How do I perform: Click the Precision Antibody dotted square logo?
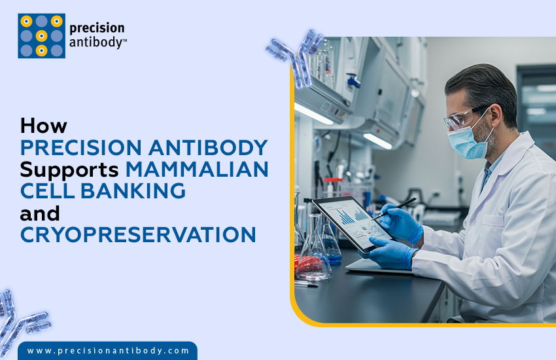pyautogui.click(x=41, y=36)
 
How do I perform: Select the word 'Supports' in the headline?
pyautogui.click(x=69, y=168)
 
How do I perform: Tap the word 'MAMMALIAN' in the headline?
pyautogui.click(x=197, y=168)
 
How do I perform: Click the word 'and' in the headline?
pyautogui.click(x=40, y=213)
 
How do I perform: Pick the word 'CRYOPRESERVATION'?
pyautogui.click(x=138, y=235)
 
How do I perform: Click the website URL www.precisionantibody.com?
pyautogui.click(x=108, y=351)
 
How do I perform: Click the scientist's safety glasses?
pyautogui.click(x=462, y=118)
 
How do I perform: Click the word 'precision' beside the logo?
pyautogui.click(x=97, y=29)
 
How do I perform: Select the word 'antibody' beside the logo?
pyautogui.click(x=96, y=43)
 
